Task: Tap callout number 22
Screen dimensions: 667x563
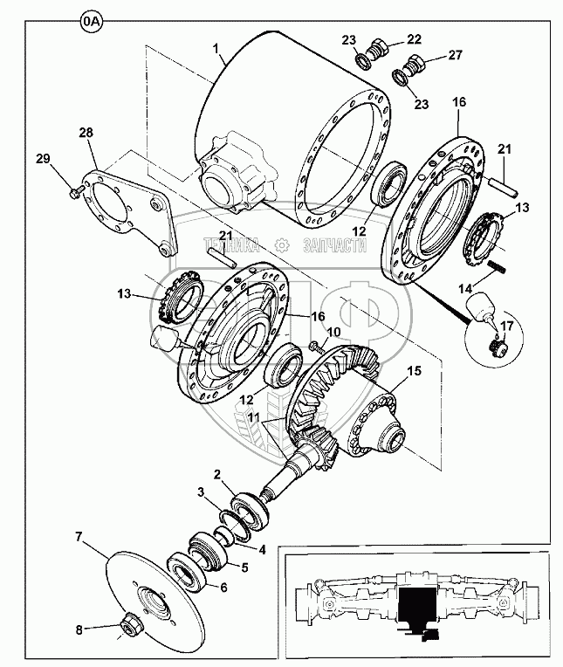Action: pyautogui.click(x=413, y=38)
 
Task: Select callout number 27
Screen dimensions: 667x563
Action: pyautogui.click(x=455, y=56)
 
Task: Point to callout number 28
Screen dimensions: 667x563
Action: pyautogui.click(x=86, y=132)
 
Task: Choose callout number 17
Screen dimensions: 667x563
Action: pyautogui.click(x=507, y=330)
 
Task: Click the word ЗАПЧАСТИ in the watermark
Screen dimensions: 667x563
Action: pyautogui.click(x=334, y=247)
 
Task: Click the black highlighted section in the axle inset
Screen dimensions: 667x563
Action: pyautogui.click(x=416, y=602)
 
